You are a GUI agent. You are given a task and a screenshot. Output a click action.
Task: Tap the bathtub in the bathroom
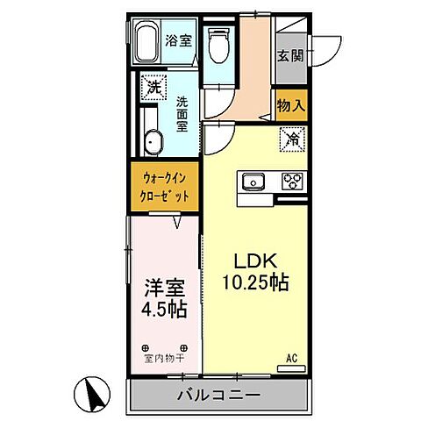pos(148,43)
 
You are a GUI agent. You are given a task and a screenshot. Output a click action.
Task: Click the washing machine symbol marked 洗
pos(153,88)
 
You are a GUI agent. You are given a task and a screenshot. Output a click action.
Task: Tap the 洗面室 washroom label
pos(182,113)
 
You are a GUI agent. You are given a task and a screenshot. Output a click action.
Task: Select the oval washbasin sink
pos(153,140)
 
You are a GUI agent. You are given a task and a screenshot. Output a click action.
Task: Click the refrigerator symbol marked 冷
pos(291,138)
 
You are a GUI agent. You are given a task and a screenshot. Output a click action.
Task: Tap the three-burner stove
pos(292,182)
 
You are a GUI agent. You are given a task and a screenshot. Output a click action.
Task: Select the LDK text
pos(254,260)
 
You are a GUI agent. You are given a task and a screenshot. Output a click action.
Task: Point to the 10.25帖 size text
pos(256,284)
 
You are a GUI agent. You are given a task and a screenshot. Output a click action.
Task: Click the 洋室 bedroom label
pos(164,288)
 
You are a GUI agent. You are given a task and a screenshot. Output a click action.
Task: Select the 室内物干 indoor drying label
pos(163,358)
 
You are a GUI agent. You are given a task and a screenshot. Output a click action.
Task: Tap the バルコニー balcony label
pos(220,396)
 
